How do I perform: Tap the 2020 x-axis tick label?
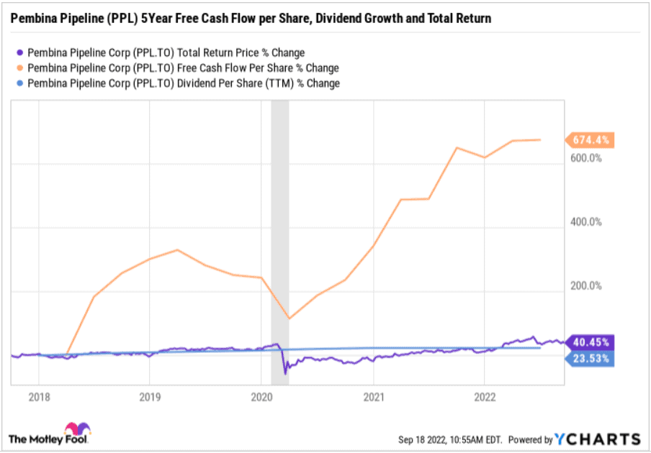point(261,395)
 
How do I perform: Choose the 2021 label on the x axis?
point(373,395)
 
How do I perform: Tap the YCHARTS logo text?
point(598,439)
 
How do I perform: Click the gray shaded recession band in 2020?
point(279,216)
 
